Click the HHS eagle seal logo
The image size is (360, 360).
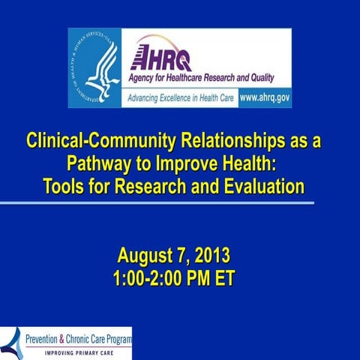(x=94, y=68)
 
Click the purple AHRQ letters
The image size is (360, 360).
(x=160, y=58)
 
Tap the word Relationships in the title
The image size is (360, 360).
(x=229, y=140)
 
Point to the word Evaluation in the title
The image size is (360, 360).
(x=259, y=185)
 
